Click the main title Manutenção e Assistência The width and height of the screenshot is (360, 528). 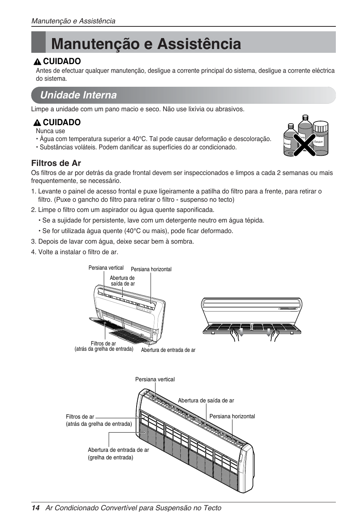(x=146, y=44)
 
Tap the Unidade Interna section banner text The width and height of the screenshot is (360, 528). (x=78, y=95)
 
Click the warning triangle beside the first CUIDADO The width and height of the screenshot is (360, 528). (x=37, y=62)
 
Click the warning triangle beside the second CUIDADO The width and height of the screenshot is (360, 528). (x=37, y=123)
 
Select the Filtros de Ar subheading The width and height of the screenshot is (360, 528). (x=56, y=163)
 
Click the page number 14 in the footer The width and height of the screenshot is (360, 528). (x=35, y=508)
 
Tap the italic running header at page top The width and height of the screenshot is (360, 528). (x=73, y=21)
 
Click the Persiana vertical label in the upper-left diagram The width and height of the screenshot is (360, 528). (x=106, y=268)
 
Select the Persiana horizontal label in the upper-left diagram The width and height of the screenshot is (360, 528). (x=151, y=269)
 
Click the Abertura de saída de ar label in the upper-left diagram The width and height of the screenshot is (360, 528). (x=122, y=281)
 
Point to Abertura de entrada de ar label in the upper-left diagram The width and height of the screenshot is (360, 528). (x=168, y=350)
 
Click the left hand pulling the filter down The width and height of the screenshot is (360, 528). (x=236, y=335)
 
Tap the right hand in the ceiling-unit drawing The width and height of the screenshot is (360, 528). (x=274, y=335)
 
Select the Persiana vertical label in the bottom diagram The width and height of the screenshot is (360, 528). (x=155, y=379)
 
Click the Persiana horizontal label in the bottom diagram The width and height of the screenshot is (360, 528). (x=232, y=416)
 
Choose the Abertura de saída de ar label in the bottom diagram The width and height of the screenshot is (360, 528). (x=206, y=401)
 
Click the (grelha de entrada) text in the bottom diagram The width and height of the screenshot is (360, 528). (x=111, y=457)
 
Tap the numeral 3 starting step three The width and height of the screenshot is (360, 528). (x=33, y=241)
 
